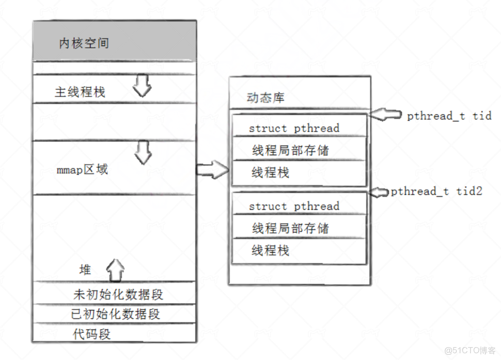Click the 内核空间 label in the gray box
(84, 43)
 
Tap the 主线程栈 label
(80, 92)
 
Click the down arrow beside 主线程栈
(142, 86)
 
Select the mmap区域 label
(82, 169)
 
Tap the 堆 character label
(85, 270)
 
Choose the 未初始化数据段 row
(119, 295)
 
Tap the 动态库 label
(265, 98)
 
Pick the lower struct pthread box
(299, 206)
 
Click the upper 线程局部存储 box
(299, 150)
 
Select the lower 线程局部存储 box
(299, 228)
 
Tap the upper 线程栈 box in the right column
(299, 173)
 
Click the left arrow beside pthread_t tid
(386, 115)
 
